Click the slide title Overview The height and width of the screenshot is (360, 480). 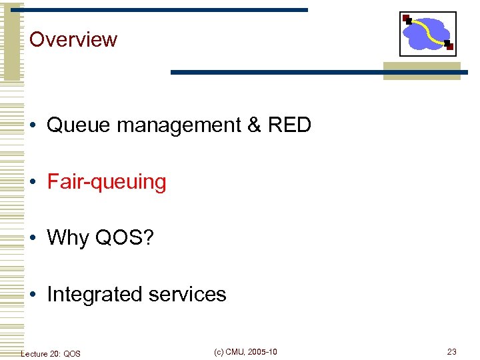point(73,39)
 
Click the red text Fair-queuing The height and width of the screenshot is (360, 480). point(107,182)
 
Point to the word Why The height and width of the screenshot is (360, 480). point(68,237)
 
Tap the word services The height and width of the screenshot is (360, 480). point(189,294)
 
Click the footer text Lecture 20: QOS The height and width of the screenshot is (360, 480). point(51,353)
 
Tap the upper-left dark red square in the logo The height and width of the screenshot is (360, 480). point(407,19)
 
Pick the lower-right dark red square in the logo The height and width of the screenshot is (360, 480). point(449,47)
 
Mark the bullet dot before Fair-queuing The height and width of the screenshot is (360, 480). point(33,182)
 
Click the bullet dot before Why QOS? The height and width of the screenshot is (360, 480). point(33,238)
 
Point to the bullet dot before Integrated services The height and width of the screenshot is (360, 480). point(33,295)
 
